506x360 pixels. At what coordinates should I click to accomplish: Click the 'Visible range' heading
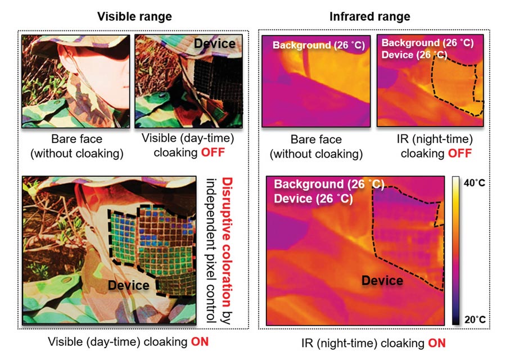[x=134, y=16]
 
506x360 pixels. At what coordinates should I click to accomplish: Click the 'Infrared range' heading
[x=370, y=16]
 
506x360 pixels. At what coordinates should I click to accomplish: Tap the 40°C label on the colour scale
[x=475, y=183]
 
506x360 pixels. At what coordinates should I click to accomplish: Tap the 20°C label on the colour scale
[x=475, y=319]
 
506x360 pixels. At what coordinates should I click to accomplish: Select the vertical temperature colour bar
[x=455, y=250]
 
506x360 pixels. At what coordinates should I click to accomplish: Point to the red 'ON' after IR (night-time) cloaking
[x=437, y=343]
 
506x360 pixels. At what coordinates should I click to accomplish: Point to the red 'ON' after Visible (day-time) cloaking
[x=200, y=341]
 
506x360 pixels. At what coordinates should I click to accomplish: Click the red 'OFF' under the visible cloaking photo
[x=213, y=152]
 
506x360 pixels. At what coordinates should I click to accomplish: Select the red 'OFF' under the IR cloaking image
[x=460, y=153]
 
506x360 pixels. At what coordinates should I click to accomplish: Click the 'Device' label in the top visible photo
[x=215, y=43]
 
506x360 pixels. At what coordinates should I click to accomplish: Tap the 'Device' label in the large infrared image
[x=382, y=280]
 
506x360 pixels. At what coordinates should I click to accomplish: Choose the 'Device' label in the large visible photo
[x=128, y=285]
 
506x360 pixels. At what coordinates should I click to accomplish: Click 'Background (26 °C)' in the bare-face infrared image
[x=319, y=45]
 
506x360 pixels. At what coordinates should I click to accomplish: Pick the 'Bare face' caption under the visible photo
[x=77, y=139]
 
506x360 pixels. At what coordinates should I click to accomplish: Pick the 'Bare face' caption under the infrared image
[x=316, y=139]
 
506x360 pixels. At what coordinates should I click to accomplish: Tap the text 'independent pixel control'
[x=211, y=250]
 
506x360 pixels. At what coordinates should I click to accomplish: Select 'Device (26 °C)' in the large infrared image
[x=313, y=198]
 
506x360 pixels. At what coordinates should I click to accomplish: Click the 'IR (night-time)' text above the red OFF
[x=435, y=139]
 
